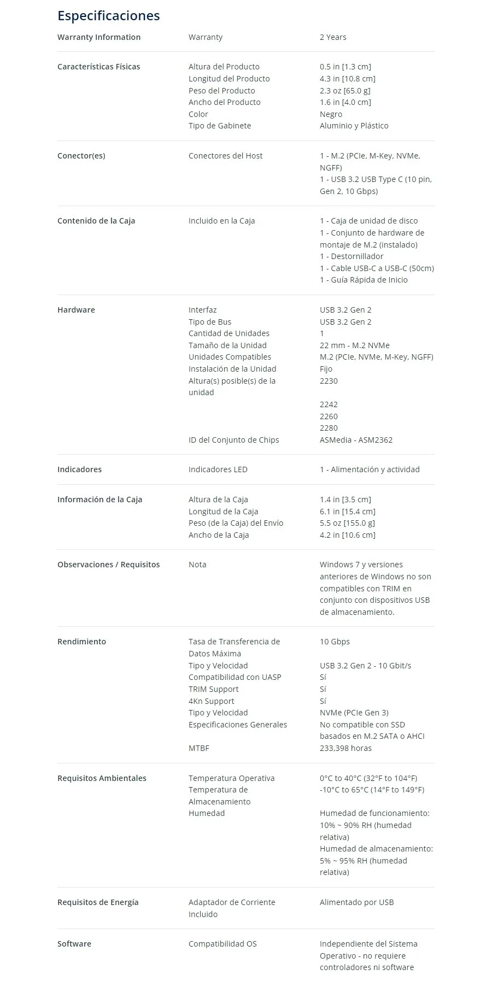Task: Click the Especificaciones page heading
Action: point(108,16)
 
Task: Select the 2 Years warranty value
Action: point(333,37)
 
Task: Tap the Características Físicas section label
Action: point(98,67)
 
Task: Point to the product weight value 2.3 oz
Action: point(345,91)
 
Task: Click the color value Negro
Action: point(331,114)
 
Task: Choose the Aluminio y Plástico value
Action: point(354,126)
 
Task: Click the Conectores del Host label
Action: point(225,156)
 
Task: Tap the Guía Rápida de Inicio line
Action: point(364,280)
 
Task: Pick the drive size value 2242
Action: point(329,404)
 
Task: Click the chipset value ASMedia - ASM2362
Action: point(356,440)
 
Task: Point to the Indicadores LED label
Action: point(218,469)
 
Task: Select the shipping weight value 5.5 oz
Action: point(347,523)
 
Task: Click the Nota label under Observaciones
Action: point(197,565)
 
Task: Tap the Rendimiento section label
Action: point(81,642)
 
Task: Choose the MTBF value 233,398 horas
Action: point(345,748)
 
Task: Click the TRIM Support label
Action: point(213,689)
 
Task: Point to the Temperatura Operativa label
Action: point(231,778)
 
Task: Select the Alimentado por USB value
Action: point(356,902)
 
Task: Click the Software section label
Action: point(74,944)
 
